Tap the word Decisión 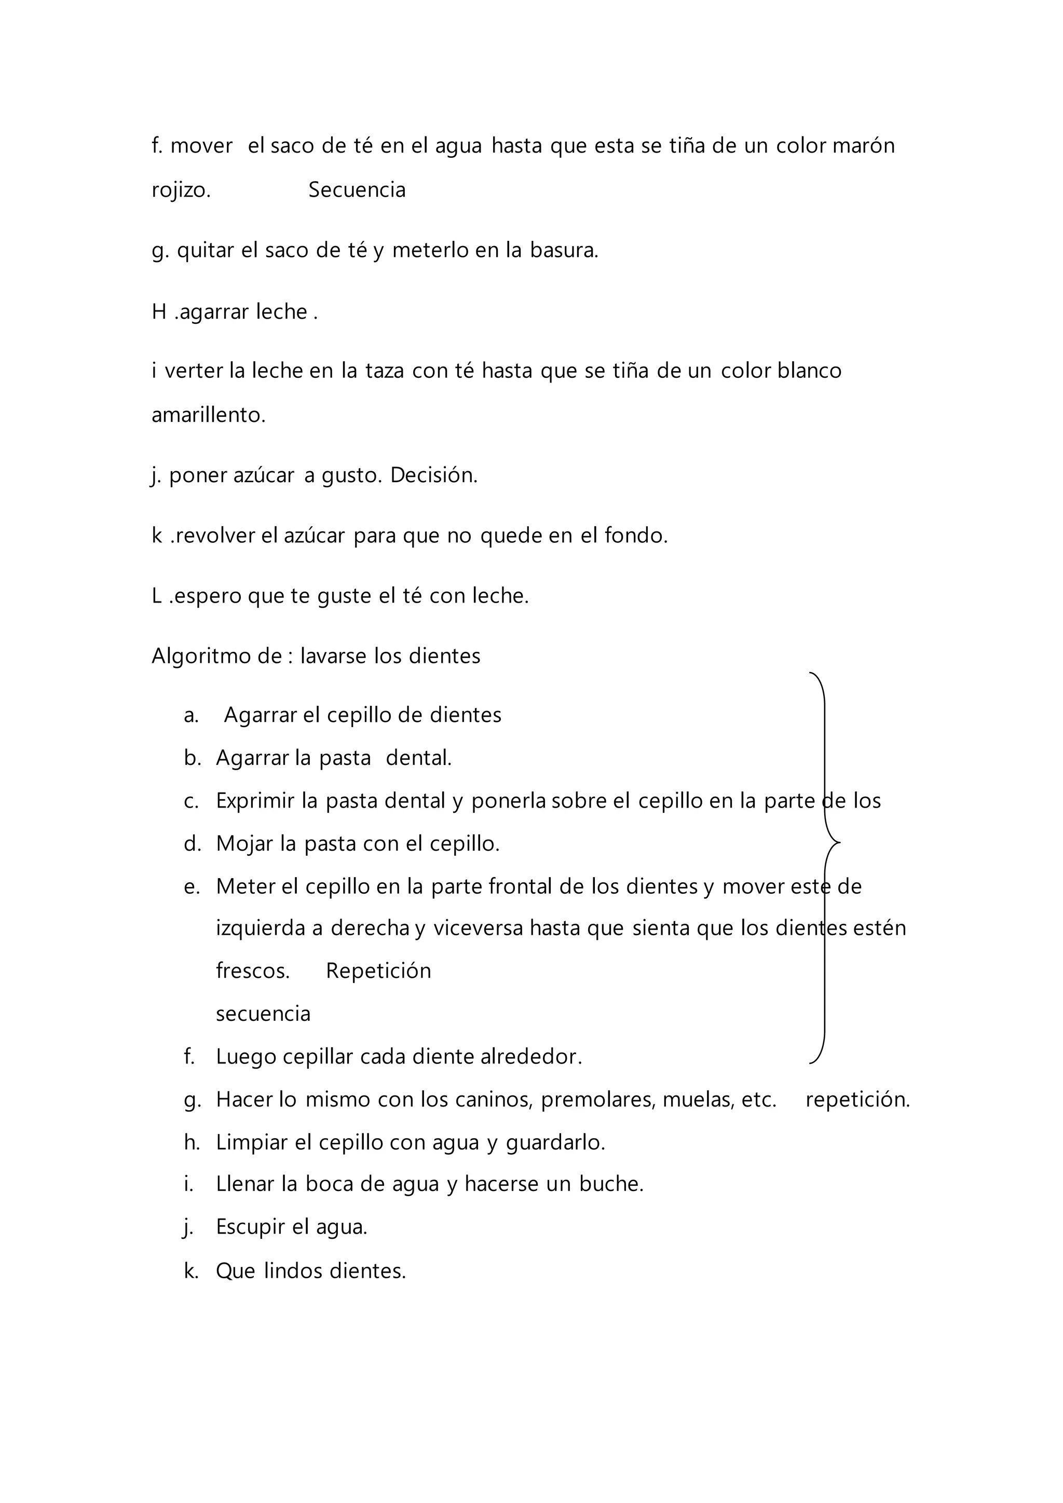point(433,475)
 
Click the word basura point(564,250)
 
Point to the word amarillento point(208,415)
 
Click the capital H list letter point(159,311)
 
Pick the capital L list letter point(157,596)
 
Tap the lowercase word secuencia point(263,1014)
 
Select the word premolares point(597,1099)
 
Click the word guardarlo point(555,1142)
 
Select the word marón point(863,145)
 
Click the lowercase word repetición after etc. point(857,1099)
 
